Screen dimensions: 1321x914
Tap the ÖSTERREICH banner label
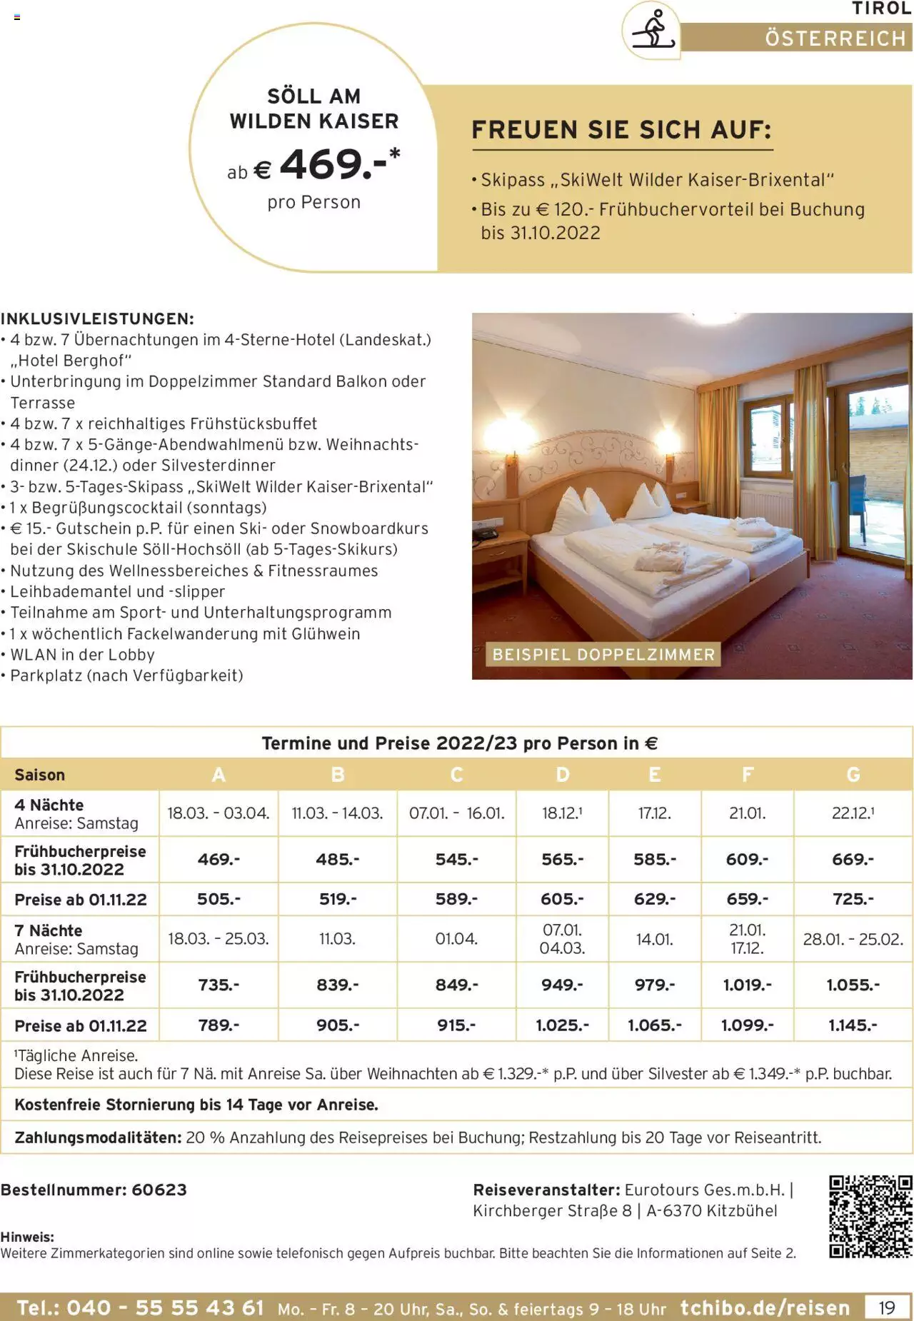pos(835,38)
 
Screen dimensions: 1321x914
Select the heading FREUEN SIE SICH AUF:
pos(621,130)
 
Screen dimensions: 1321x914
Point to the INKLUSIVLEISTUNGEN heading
pos(97,318)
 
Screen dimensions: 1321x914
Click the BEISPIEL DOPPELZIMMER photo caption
pos(603,654)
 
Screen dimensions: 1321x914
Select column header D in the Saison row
pos(563,775)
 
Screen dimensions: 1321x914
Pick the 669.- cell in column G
pos(853,860)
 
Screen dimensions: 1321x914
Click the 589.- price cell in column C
pos(456,899)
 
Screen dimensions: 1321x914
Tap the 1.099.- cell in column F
pos(747,1025)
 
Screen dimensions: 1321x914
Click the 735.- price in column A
pos(219,985)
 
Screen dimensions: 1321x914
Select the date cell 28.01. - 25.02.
pos(853,939)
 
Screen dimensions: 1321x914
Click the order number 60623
pos(159,1190)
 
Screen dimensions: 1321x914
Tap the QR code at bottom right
pos(870,1217)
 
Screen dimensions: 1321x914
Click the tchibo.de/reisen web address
pos(765,1307)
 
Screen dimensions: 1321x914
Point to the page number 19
pos(886,1307)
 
